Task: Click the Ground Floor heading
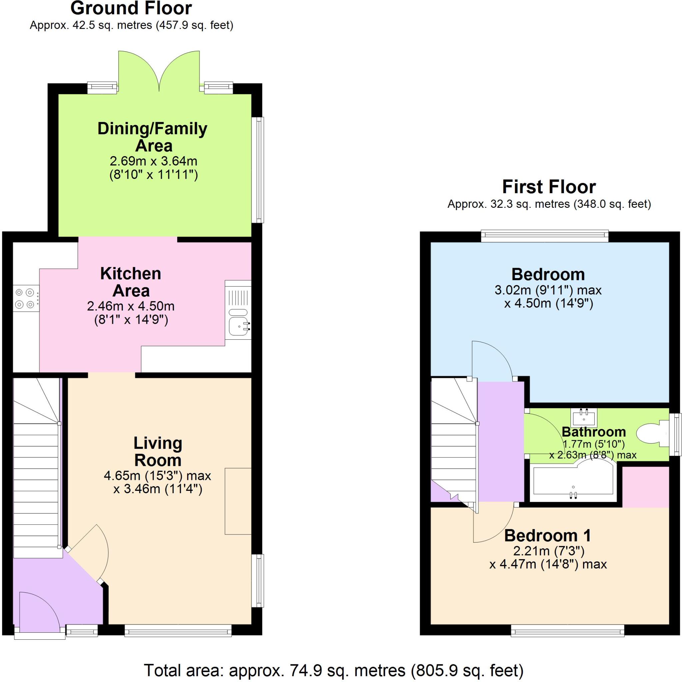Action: (x=131, y=8)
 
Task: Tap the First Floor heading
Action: (x=549, y=187)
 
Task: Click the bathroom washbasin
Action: (x=584, y=418)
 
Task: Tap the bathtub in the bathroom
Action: (x=572, y=481)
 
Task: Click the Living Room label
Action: (x=158, y=452)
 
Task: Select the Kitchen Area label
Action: (x=131, y=282)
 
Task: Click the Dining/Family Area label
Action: (x=152, y=137)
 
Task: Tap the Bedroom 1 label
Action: (x=547, y=535)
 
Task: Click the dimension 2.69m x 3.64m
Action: (x=153, y=161)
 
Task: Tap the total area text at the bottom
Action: (x=334, y=669)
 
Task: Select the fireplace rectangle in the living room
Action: (x=238, y=501)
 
